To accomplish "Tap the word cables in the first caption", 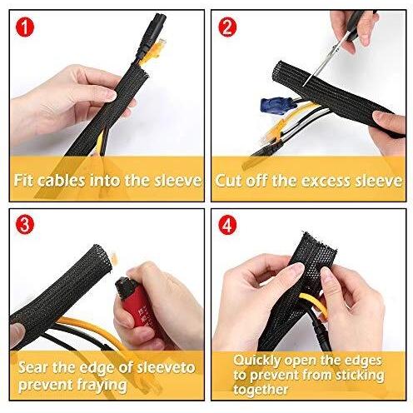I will [x=69, y=179].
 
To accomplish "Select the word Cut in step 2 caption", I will [x=228, y=179].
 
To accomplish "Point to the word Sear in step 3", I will [x=38, y=367].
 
